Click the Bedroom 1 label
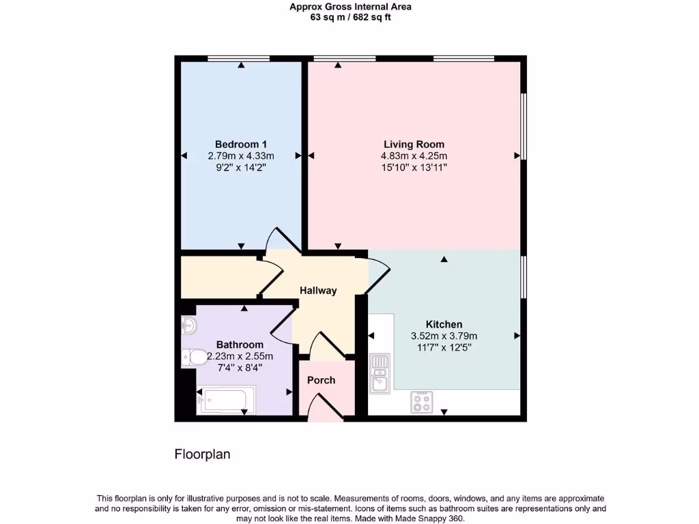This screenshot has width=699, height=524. coord(240,144)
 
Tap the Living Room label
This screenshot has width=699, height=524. coord(414,144)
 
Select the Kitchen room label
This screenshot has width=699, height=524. coord(444,324)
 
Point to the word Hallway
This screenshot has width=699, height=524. coord(318,291)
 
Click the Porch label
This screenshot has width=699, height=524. coord(321,380)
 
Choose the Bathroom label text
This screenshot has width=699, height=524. coord(240,345)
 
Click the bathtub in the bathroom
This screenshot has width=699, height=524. coord(225,400)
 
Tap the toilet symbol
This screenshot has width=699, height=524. coord(194,356)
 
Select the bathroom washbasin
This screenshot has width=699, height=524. coord(188,326)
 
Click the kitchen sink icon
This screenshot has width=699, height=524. coord(380,374)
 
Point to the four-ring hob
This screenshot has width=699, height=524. coord(422,402)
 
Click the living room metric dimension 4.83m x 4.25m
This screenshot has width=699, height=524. coord(414,156)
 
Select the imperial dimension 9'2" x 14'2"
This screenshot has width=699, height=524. coord(240,166)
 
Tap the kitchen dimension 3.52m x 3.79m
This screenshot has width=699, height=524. coord(444,336)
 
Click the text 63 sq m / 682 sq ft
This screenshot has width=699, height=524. coord(350,18)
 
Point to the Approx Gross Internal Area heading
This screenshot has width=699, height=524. coord(350,7)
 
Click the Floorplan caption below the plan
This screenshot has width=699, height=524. coord(203,454)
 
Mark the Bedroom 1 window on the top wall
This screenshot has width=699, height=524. coord(238,59)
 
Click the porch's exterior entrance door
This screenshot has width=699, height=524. coord(320,410)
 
